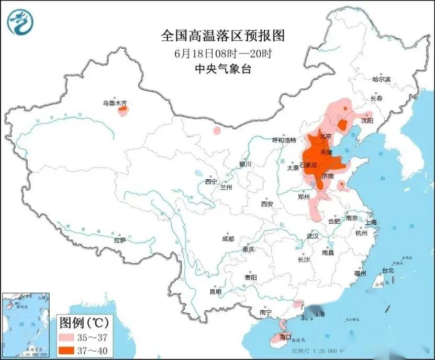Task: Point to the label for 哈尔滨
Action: pyautogui.click(x=381, y=80)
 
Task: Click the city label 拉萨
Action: pyautogui.click(x=120, y=241)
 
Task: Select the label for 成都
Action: pyautogui.click(x=228, y=238)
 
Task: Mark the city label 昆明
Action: pyautogui.click(x=215, y=291)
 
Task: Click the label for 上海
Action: pyautogui.click(x=371, y=222)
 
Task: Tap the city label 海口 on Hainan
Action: pyautogui.click(x=285, y=337)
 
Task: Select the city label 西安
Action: pyautogui.click(x=267, y=203)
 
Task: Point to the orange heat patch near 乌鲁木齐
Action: pyautogui.click(x=123, y=111)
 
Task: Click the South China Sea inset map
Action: pyautogui.click(x=26, y=325)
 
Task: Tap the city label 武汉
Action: pyautogui.click(x=313, y=236)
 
